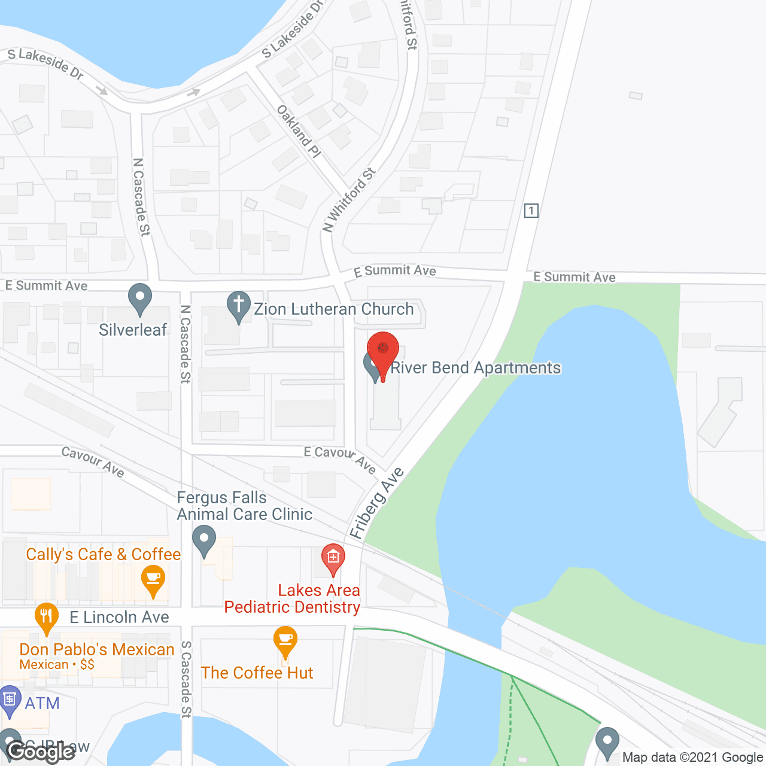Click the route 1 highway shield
coord(531,211)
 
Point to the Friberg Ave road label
coord(377,503)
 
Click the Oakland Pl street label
coord(299,131)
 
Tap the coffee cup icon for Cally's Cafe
coord(153,580)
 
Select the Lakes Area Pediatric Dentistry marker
coord(333,558)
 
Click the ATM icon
coord(10,701)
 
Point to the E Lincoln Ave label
coord(120,618)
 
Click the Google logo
coord(41,752)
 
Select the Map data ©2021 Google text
coord(692,757)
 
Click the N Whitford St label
coord(349,200)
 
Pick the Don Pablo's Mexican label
coord(97,650)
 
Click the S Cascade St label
coord(186,679)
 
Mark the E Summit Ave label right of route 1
coord(574,277)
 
